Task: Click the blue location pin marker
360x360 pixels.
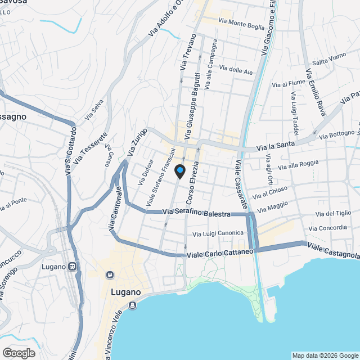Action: pos(179,170)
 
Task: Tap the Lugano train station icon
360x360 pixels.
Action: pos(72,266)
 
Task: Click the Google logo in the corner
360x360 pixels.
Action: pos(18,353)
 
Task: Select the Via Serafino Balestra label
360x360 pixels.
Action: pos(196,213)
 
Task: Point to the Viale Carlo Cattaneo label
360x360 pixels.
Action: pos(220,253)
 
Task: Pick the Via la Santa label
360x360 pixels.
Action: pos(276,147)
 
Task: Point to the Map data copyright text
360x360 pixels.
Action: pos(325,355)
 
